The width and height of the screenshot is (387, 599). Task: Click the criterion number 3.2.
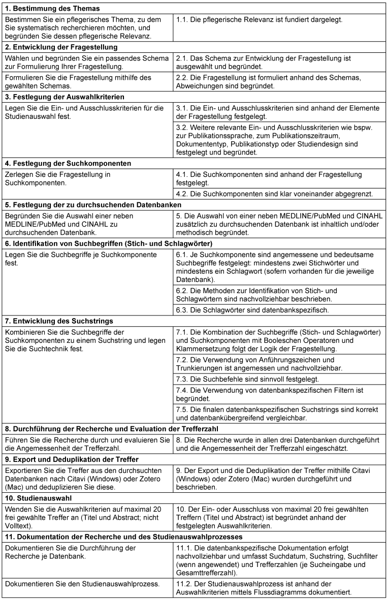[x=182, y=127]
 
